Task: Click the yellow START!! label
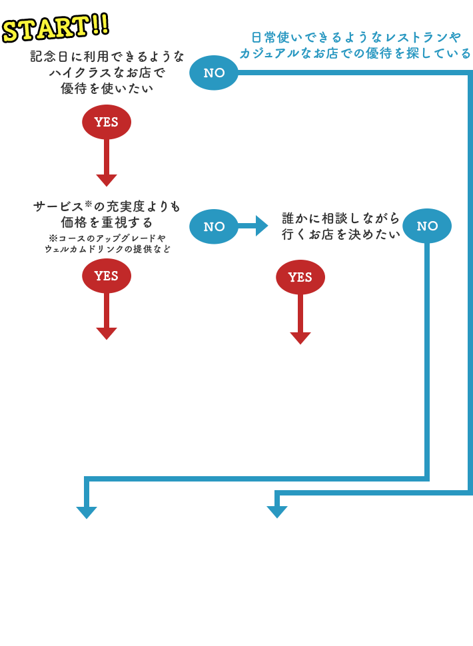point(56,27)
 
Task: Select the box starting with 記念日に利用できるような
point(107,72)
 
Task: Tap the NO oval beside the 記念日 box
point(214,73)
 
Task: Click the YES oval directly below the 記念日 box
point(107,122)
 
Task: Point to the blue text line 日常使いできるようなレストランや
point(356,37)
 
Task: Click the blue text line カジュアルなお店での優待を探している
point(356,53)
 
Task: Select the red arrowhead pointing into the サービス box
point(107,180)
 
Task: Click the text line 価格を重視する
point(107,222)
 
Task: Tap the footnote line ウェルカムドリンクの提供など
point(107,249)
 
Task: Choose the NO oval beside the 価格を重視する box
point(214,226)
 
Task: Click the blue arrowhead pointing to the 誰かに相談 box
point(261,226)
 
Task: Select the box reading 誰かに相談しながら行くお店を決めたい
point(340,226)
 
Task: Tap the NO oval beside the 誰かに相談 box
point(427,226)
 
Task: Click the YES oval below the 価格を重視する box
point(107,276)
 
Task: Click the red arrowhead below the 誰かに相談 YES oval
point(300,338)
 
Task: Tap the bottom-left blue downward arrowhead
point(87,512)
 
